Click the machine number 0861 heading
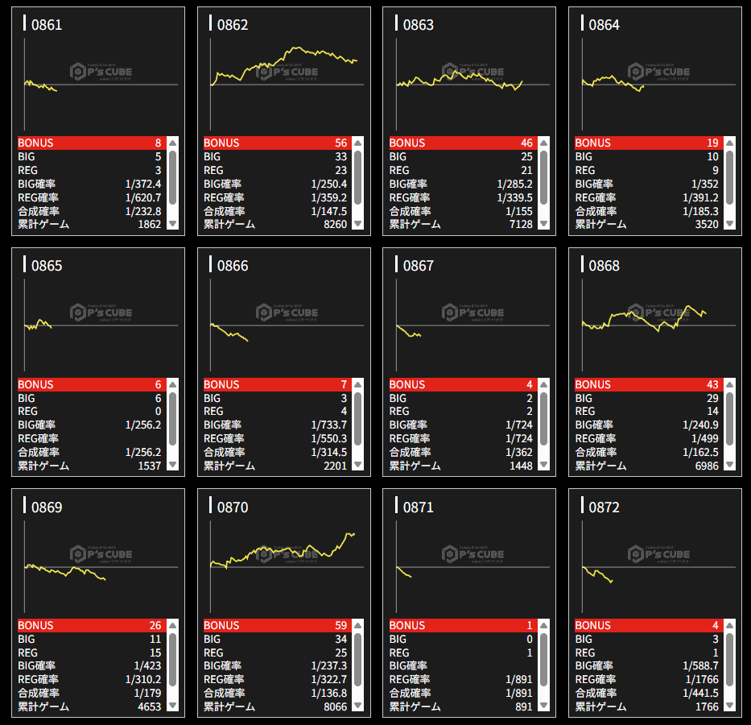46,25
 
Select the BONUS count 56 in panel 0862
340,143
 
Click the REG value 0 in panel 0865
158,412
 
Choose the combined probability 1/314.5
328,453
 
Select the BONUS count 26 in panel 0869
155,626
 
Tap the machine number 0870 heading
232,507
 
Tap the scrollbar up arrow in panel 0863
544,143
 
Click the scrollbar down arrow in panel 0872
729,706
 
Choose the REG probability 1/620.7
143,197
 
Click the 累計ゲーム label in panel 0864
600,225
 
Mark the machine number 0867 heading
418,266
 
